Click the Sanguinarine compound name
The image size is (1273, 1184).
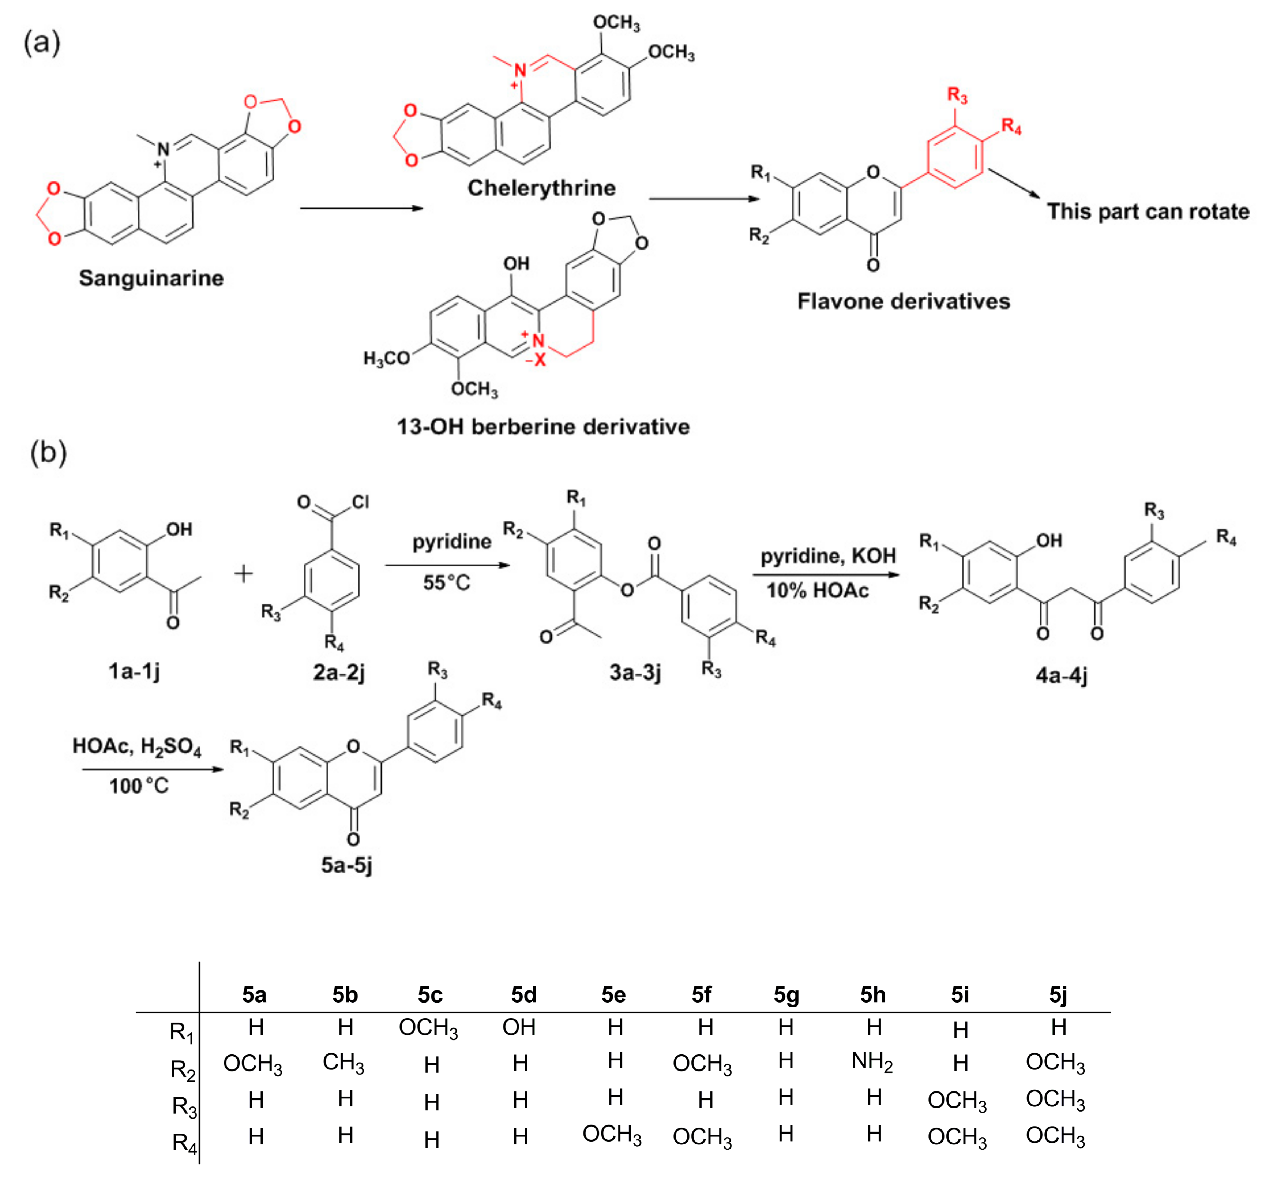[x=151, y=278]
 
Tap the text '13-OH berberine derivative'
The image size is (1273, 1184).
[x=543, y=427]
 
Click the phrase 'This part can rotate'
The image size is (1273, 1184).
[x=1148, y=211]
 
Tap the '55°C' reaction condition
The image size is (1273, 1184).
[x=446, y=583]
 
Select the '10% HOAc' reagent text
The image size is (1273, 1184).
[x=817, y=591]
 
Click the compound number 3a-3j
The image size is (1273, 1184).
[x=635, y=672]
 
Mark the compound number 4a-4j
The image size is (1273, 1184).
[x=1061, y=675]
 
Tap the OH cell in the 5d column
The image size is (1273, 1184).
[x=519, y=1027]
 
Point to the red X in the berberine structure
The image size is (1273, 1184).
[x=540, y=360]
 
